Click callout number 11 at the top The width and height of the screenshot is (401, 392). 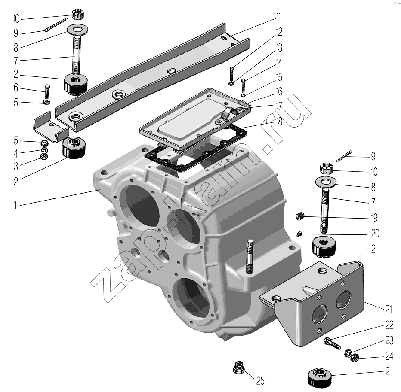(x=278, y=17)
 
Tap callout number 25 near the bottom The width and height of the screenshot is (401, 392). (x=260, y=381)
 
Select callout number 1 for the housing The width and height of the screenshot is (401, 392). (x=15, y=205)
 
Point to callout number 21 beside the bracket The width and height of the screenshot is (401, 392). (x=389, y=310)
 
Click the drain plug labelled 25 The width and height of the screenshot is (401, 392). (x=239, y=367)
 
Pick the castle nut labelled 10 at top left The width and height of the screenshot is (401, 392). (x=78, y=14)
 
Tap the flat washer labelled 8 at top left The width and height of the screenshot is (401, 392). (x=77, y=29)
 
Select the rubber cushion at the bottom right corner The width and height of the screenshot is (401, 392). (x=320, y=376)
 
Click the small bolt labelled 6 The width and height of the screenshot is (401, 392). (x=47, y=91)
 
